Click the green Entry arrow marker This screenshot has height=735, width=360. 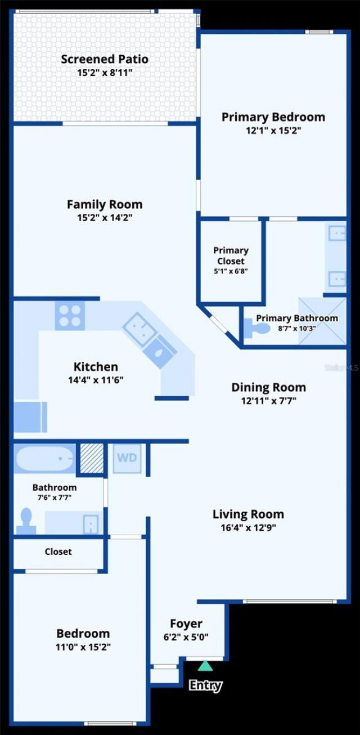[x=205, y=666]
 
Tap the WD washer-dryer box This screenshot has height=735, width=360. [x=127, y=458]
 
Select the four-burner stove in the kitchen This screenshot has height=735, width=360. [x=70, y=315]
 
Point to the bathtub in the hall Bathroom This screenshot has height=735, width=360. [x=44, y=459]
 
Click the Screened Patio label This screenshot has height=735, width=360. [x=105, y=59]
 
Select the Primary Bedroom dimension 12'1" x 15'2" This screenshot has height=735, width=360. [x=273, y=131]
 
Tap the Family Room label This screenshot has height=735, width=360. [x=105, y=204]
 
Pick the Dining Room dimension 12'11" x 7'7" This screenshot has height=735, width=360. [x=268, y=401]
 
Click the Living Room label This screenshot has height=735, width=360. [x=248, y=514]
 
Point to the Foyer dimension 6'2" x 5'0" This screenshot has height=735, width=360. [x=186, y=638]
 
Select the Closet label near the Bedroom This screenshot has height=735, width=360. [x=58, y=552]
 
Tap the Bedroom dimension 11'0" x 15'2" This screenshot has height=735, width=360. [x=83, y=647]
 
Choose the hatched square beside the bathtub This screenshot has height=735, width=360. [x=91, y=458]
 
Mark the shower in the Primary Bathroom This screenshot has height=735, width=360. [x=321, y=321]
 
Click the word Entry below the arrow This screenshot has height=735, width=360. [x=205, y=685]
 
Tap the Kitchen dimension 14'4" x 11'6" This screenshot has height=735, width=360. [x=96, y=380]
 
